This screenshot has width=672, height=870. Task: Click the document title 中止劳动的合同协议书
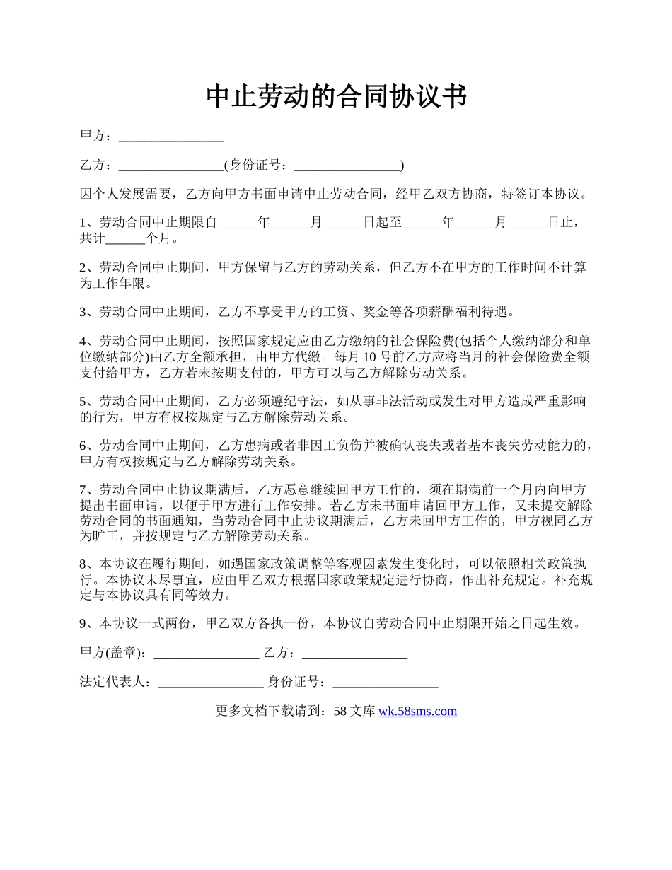pos(336,96)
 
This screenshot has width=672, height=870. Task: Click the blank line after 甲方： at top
pos(171,137)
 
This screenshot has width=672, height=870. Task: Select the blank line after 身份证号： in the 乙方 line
pos(347,166)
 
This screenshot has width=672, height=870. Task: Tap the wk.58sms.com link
pos(417,712)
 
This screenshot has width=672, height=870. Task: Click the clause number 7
pos(83,489)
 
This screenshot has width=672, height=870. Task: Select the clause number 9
pos(83,624)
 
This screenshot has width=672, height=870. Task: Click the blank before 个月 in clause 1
pos(129,239)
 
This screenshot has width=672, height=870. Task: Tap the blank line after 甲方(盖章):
pos(206,654)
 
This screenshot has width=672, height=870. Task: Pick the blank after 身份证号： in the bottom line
pos(386,683)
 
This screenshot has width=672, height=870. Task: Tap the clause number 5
pos(83,402)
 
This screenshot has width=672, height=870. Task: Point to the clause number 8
pos(83,564)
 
